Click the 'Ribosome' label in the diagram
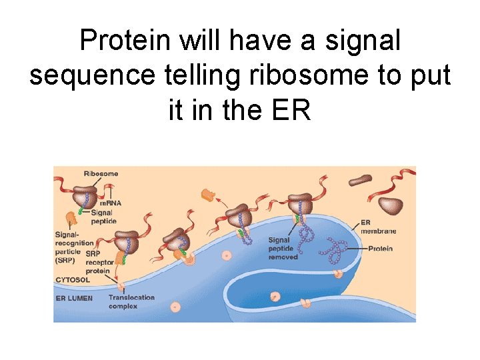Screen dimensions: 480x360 click(x=101, y=174)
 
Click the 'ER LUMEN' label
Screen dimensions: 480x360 click(x=74, y=298)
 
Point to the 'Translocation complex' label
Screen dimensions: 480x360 click(x=131, y=302)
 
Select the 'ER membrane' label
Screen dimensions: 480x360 click(x=378, y=227)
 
